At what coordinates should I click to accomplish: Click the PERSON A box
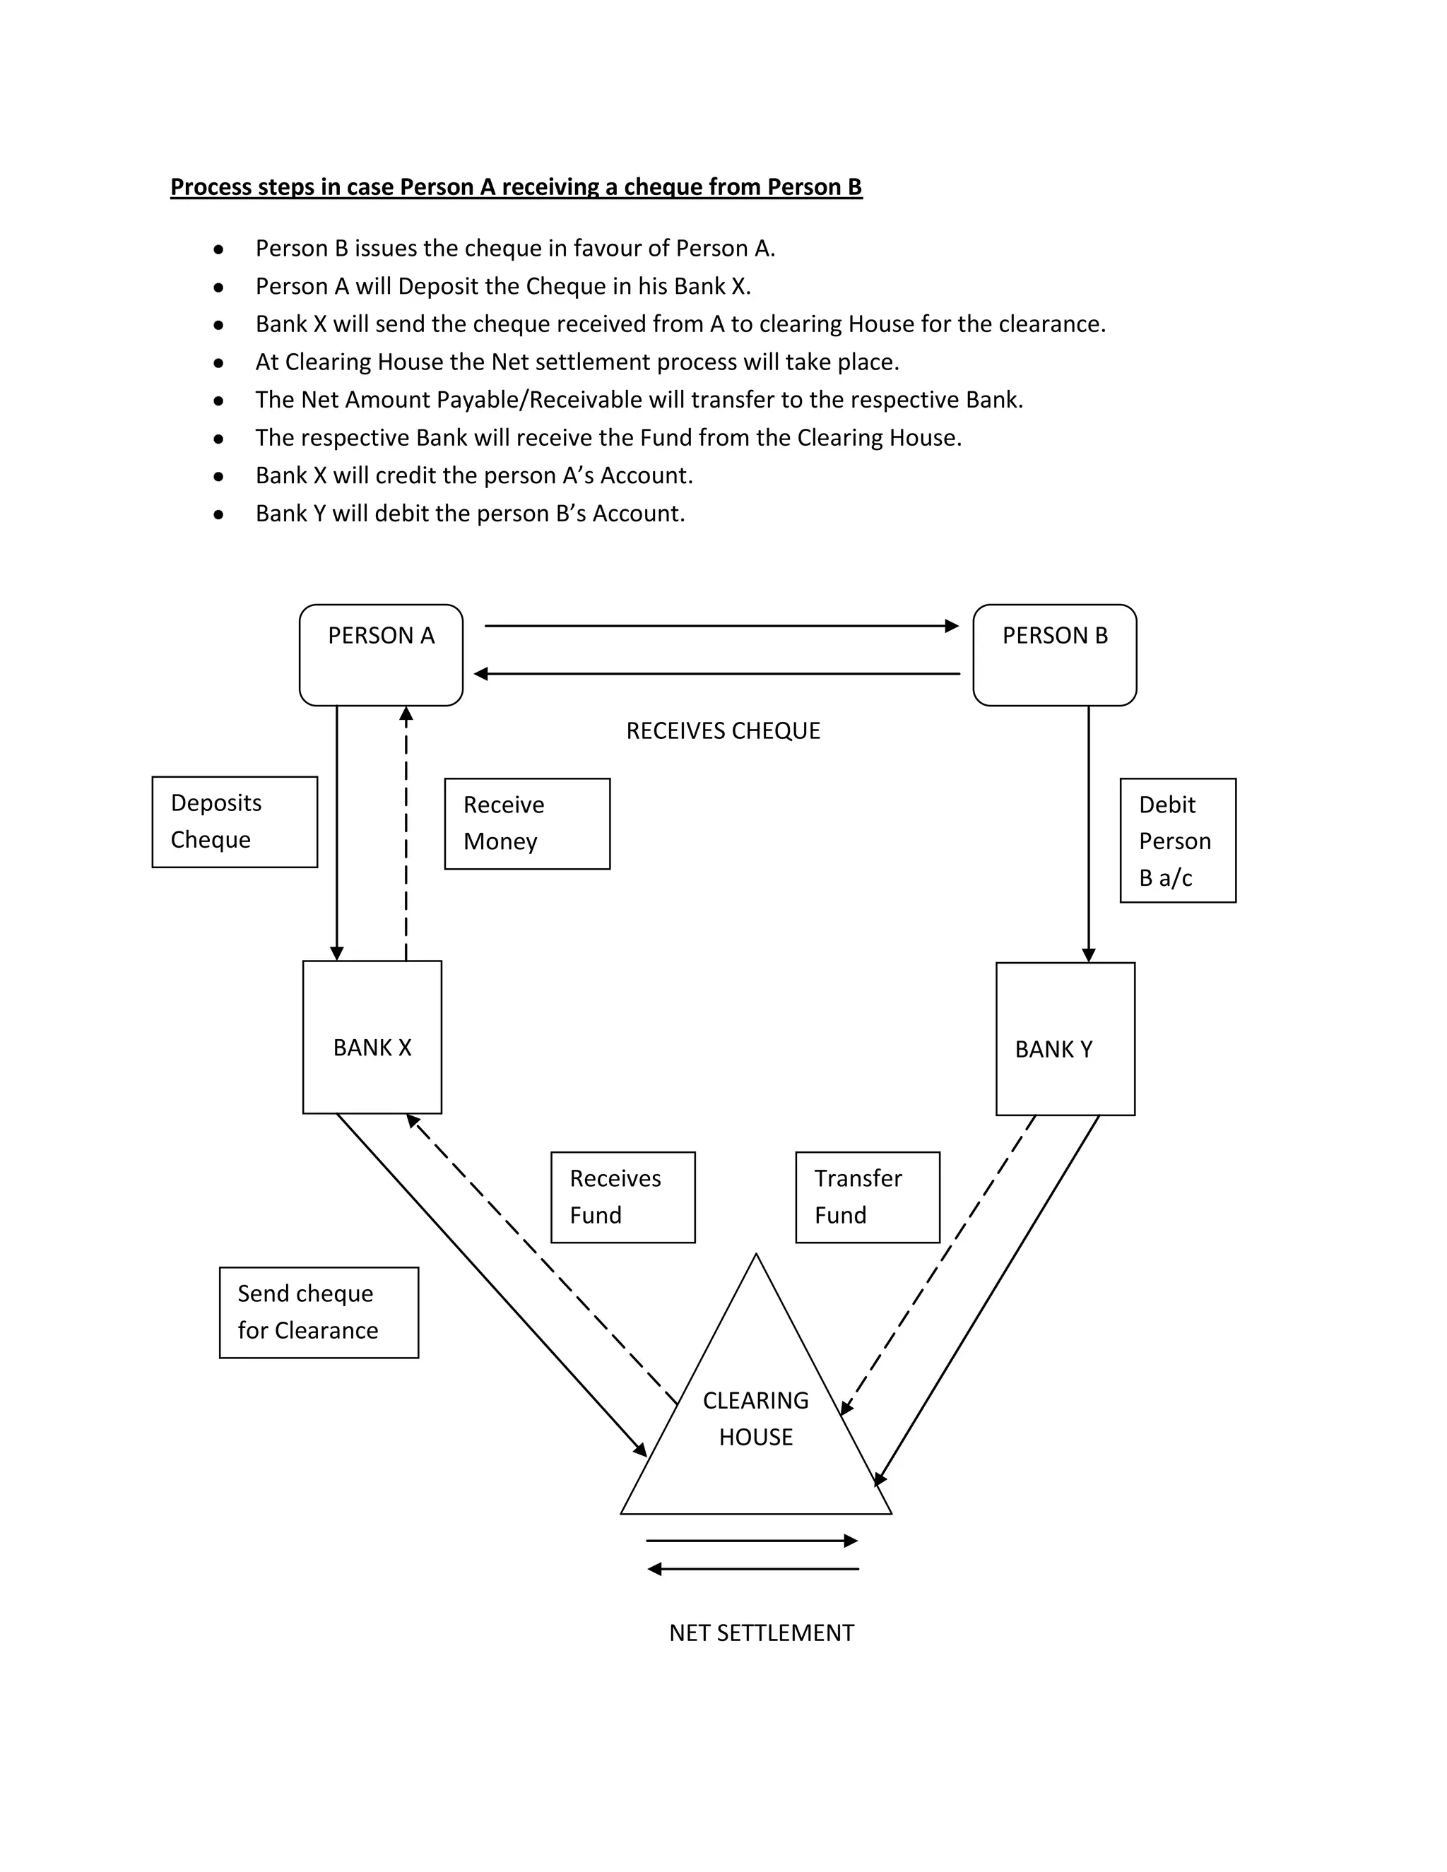click(x=381, y=655)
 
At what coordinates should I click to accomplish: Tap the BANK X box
click(x=372, y=1036)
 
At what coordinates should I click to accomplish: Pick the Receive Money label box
click(x=526, y=823)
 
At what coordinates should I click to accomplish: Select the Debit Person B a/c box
click(x=1177, y=840)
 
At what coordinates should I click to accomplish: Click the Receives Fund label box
click(x=622, y=1197)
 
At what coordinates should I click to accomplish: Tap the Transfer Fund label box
click(x=867, y=1197)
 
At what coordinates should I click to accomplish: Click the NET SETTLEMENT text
click(x=761, y=1633)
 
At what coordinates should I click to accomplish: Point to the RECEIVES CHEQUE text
click(x=723, y=730)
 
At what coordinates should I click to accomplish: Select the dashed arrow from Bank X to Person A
click(x=406, y=831)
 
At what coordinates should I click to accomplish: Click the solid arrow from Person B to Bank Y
click(x=1089, y=831)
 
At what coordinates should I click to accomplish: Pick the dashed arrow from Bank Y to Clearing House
click(x=939, y=1264)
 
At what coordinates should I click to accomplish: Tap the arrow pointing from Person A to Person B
click(x=720, y=626)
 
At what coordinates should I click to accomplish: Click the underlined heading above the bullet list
click(x=516, y=187)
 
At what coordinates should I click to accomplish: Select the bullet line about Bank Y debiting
click(x=470, y=514)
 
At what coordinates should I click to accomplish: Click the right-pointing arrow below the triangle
click(x=751, y=1540)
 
